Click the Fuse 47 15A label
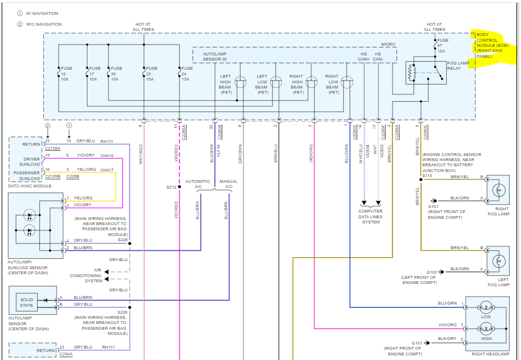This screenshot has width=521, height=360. (443, 46)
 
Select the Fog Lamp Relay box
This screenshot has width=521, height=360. (426, 73)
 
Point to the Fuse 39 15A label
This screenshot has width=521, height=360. (117, 74)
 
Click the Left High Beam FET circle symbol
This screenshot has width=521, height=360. (241, 82)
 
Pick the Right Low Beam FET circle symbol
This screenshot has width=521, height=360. (347, 82)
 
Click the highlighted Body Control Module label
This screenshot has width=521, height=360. (492, 46)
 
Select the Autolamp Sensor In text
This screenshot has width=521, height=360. (215, 57)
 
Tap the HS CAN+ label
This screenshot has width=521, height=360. (363, 57)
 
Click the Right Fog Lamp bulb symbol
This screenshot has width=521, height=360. (498, 190)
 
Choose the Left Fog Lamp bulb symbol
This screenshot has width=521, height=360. (498, 261)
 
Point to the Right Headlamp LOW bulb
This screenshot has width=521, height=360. (486, 307)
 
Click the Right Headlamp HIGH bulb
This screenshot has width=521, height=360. (486, 329)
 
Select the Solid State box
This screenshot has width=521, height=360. (27, 302)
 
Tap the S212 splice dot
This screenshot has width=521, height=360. (179, 187)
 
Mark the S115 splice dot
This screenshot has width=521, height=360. (420, 179)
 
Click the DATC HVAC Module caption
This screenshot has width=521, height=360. (30, 186)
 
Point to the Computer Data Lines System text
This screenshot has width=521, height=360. (371, 217)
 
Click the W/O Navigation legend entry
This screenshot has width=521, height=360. (39, 24)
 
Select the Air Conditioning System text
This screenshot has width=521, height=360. (85, 275)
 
